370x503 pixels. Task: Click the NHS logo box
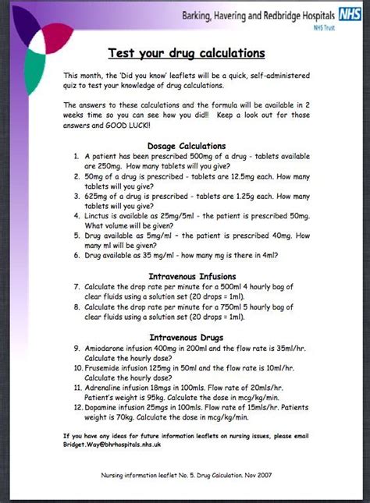coord(348,14)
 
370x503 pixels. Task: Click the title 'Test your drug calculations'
coord(186,53)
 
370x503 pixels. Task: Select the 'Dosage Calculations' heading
coord(186,145)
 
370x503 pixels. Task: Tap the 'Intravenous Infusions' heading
coord(186,275)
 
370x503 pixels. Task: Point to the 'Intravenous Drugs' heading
coord(186,336)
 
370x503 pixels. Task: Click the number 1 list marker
coord(76,156)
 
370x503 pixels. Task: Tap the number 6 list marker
coord(76,254)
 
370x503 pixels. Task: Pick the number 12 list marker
coord(76,406)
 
